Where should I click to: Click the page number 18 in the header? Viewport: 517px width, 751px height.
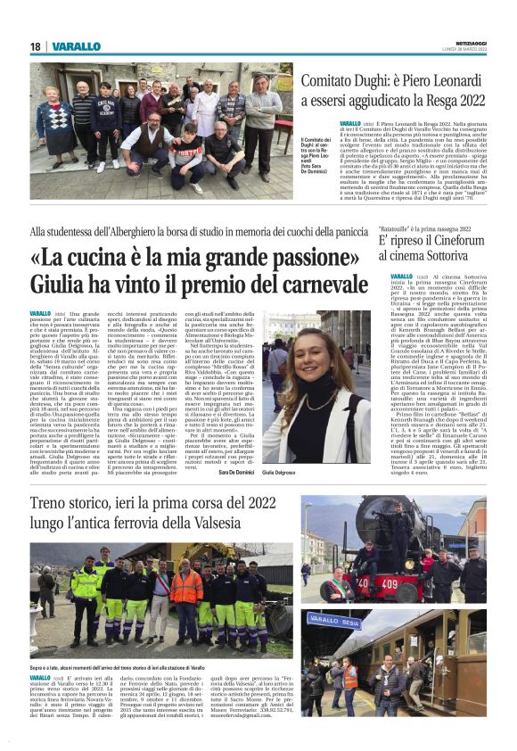[35, 46]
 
